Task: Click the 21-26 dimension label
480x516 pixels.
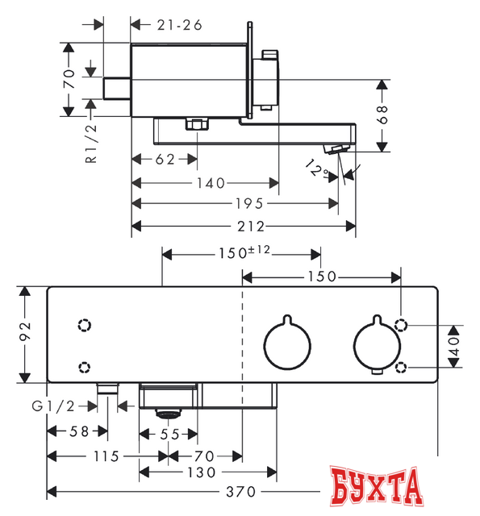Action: pos(179,25)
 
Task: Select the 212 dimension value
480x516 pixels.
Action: pos(251,227)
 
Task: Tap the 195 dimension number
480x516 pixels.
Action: pos(249,204)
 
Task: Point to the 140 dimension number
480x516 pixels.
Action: pos(211,183)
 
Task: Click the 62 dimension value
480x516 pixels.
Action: pos(165,160)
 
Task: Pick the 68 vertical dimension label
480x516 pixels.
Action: pos(382,114)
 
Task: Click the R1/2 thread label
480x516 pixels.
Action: pos(91,144)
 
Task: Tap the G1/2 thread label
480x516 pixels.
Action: pos(53,406)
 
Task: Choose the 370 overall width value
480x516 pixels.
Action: pos(240,492)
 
